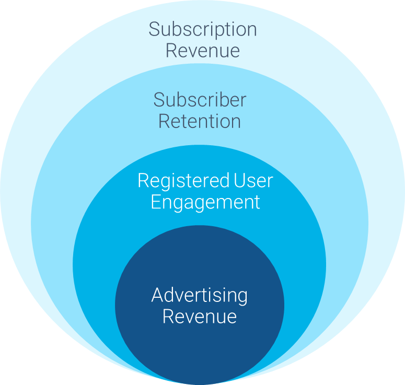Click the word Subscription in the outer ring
203,29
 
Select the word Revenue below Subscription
203,51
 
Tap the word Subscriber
200,100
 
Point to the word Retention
200,121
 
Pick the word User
253,181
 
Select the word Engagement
205,202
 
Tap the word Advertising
200,295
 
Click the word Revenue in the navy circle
200,317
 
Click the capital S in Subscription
154,29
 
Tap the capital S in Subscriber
159,99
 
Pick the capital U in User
239,181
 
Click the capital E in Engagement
156,202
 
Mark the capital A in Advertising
157,295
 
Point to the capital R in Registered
143,181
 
